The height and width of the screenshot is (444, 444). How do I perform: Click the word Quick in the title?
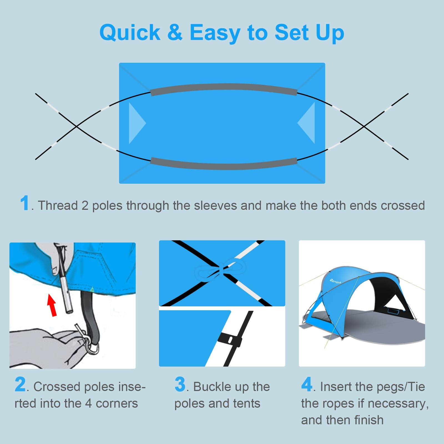130,33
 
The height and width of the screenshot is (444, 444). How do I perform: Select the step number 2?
20,385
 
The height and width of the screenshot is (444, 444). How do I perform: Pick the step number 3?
180,385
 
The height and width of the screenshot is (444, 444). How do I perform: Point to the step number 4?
307,385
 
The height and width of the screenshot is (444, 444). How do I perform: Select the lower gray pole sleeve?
224,164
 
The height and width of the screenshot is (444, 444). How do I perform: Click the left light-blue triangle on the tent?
136,123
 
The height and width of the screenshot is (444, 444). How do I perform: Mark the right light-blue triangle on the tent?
307,123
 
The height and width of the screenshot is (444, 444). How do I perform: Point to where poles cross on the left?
77,127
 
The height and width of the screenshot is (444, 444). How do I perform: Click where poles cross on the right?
364,127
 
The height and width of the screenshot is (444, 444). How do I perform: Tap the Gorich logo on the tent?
335,281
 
